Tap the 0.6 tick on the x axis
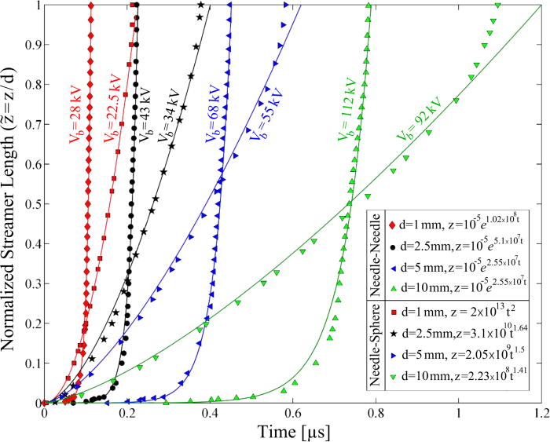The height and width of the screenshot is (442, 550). tap(292, 414)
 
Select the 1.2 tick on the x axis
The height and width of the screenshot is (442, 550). tap(540, 414)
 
